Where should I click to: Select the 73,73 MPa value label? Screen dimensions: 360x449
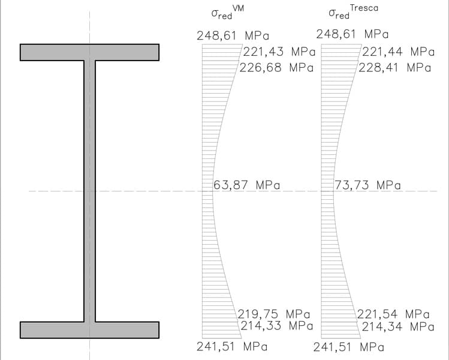367,185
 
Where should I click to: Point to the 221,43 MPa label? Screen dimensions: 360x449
279,52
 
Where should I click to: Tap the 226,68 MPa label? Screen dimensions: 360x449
276,67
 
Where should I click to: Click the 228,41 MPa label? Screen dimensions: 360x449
395,67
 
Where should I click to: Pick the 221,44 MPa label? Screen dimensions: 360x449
398,52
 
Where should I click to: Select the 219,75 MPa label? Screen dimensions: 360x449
273,314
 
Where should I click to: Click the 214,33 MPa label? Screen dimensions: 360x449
277,326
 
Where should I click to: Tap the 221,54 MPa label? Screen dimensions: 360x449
393,314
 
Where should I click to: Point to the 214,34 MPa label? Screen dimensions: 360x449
397,326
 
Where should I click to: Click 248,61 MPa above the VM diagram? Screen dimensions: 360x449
233,35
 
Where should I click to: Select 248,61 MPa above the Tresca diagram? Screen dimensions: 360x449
352,34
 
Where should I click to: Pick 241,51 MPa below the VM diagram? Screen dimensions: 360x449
232,346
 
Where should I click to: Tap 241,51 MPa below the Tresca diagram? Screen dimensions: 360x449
348,346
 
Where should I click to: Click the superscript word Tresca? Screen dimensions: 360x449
364,8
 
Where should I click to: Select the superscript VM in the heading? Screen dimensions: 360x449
238,8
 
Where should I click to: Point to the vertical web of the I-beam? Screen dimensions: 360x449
89,191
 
